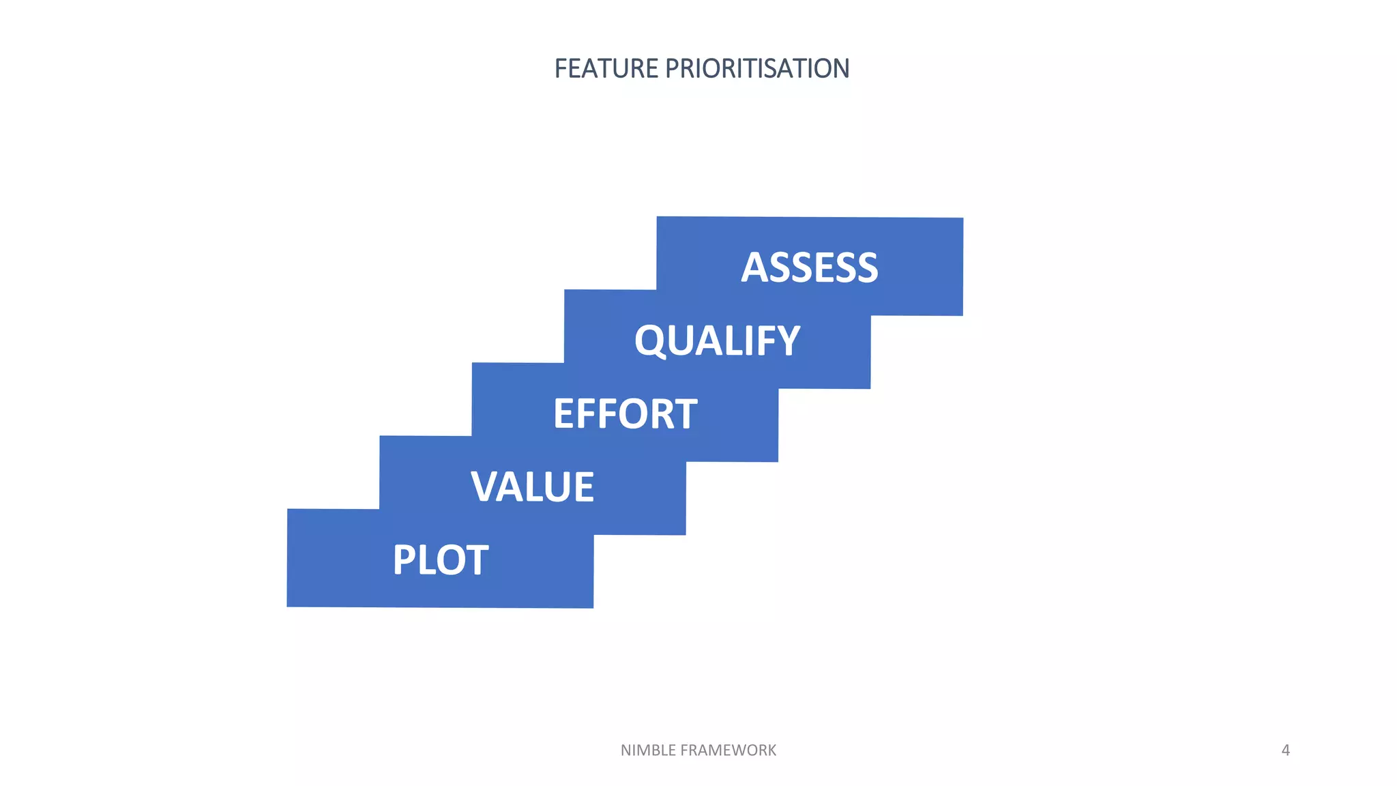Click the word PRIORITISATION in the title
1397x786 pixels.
pyautogui.click(x=756, y=69)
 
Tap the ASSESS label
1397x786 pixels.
pyautogui.click(x=810, y=267)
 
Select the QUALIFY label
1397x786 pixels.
pyautogui.click(x=717, y=340)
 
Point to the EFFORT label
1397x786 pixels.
pyautogui.click(x=625, y=413)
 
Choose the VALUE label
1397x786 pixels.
pyautogui.click(x=532, y=486)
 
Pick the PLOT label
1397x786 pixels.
pyautogui.click(x=440, y=559)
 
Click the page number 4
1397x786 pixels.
pyautogui.click(x=1285, y=751)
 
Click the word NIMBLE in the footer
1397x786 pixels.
pyautogui.click(x=648, y=751)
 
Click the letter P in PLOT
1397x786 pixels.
pyautogui.click(x=405, y=559)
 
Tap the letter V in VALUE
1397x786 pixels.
pyautogui.click(x=486, y=486)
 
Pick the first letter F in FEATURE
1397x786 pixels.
pyautogui.click(x=561, y=69)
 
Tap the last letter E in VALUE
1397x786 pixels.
pyautogui.click(x=584, y=486)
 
